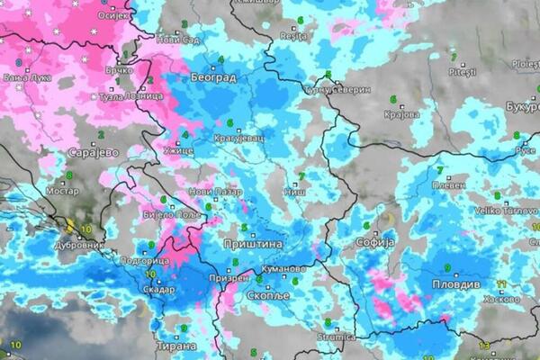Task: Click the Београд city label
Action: [213, 79]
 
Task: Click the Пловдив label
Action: [466, 283]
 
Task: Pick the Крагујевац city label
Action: [238, 139]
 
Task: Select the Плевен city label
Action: [448, 184]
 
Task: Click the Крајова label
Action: [402, 114]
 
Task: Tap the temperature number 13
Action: [483, 346]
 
